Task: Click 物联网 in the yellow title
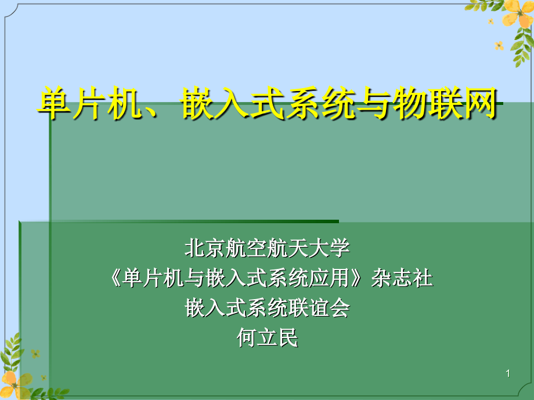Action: tap(445, 103)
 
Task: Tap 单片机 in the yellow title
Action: tap(89, 103)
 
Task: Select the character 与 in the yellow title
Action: tap(374, 103)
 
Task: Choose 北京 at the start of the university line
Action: tap(205, 248)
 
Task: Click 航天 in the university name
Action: tap(288, 248)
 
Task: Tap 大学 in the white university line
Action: tap(329, 248)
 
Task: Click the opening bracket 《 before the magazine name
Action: tap(116, 278)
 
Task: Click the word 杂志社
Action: tap(402, 278)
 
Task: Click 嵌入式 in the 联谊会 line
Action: tap(216, 308)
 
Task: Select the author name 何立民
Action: tap(268, 338)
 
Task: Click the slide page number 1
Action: tap(508, 373)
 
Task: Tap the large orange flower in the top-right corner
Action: tap(518, 13)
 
